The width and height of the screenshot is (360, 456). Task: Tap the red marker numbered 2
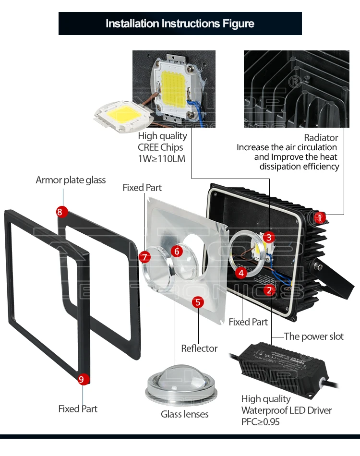(270, 290)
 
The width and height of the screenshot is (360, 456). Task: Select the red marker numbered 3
(269, 237)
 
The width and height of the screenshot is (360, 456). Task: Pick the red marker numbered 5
(198, 302)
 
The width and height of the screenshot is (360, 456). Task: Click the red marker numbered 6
(177, 251)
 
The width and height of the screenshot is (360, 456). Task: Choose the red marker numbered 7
(145, 257)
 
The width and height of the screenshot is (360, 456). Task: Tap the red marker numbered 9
(81, 380)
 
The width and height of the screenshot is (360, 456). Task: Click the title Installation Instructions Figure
(180, 24)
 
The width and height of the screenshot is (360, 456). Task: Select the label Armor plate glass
(71, 180)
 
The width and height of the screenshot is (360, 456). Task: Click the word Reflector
(199, 348)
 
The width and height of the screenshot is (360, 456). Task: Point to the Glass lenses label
(185, 414)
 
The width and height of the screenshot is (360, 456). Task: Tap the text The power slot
(314, 336)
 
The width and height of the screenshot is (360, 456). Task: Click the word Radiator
(321, 138)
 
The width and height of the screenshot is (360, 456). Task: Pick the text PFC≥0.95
(260, 422)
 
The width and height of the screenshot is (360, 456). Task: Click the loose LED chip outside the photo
(122, 115)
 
